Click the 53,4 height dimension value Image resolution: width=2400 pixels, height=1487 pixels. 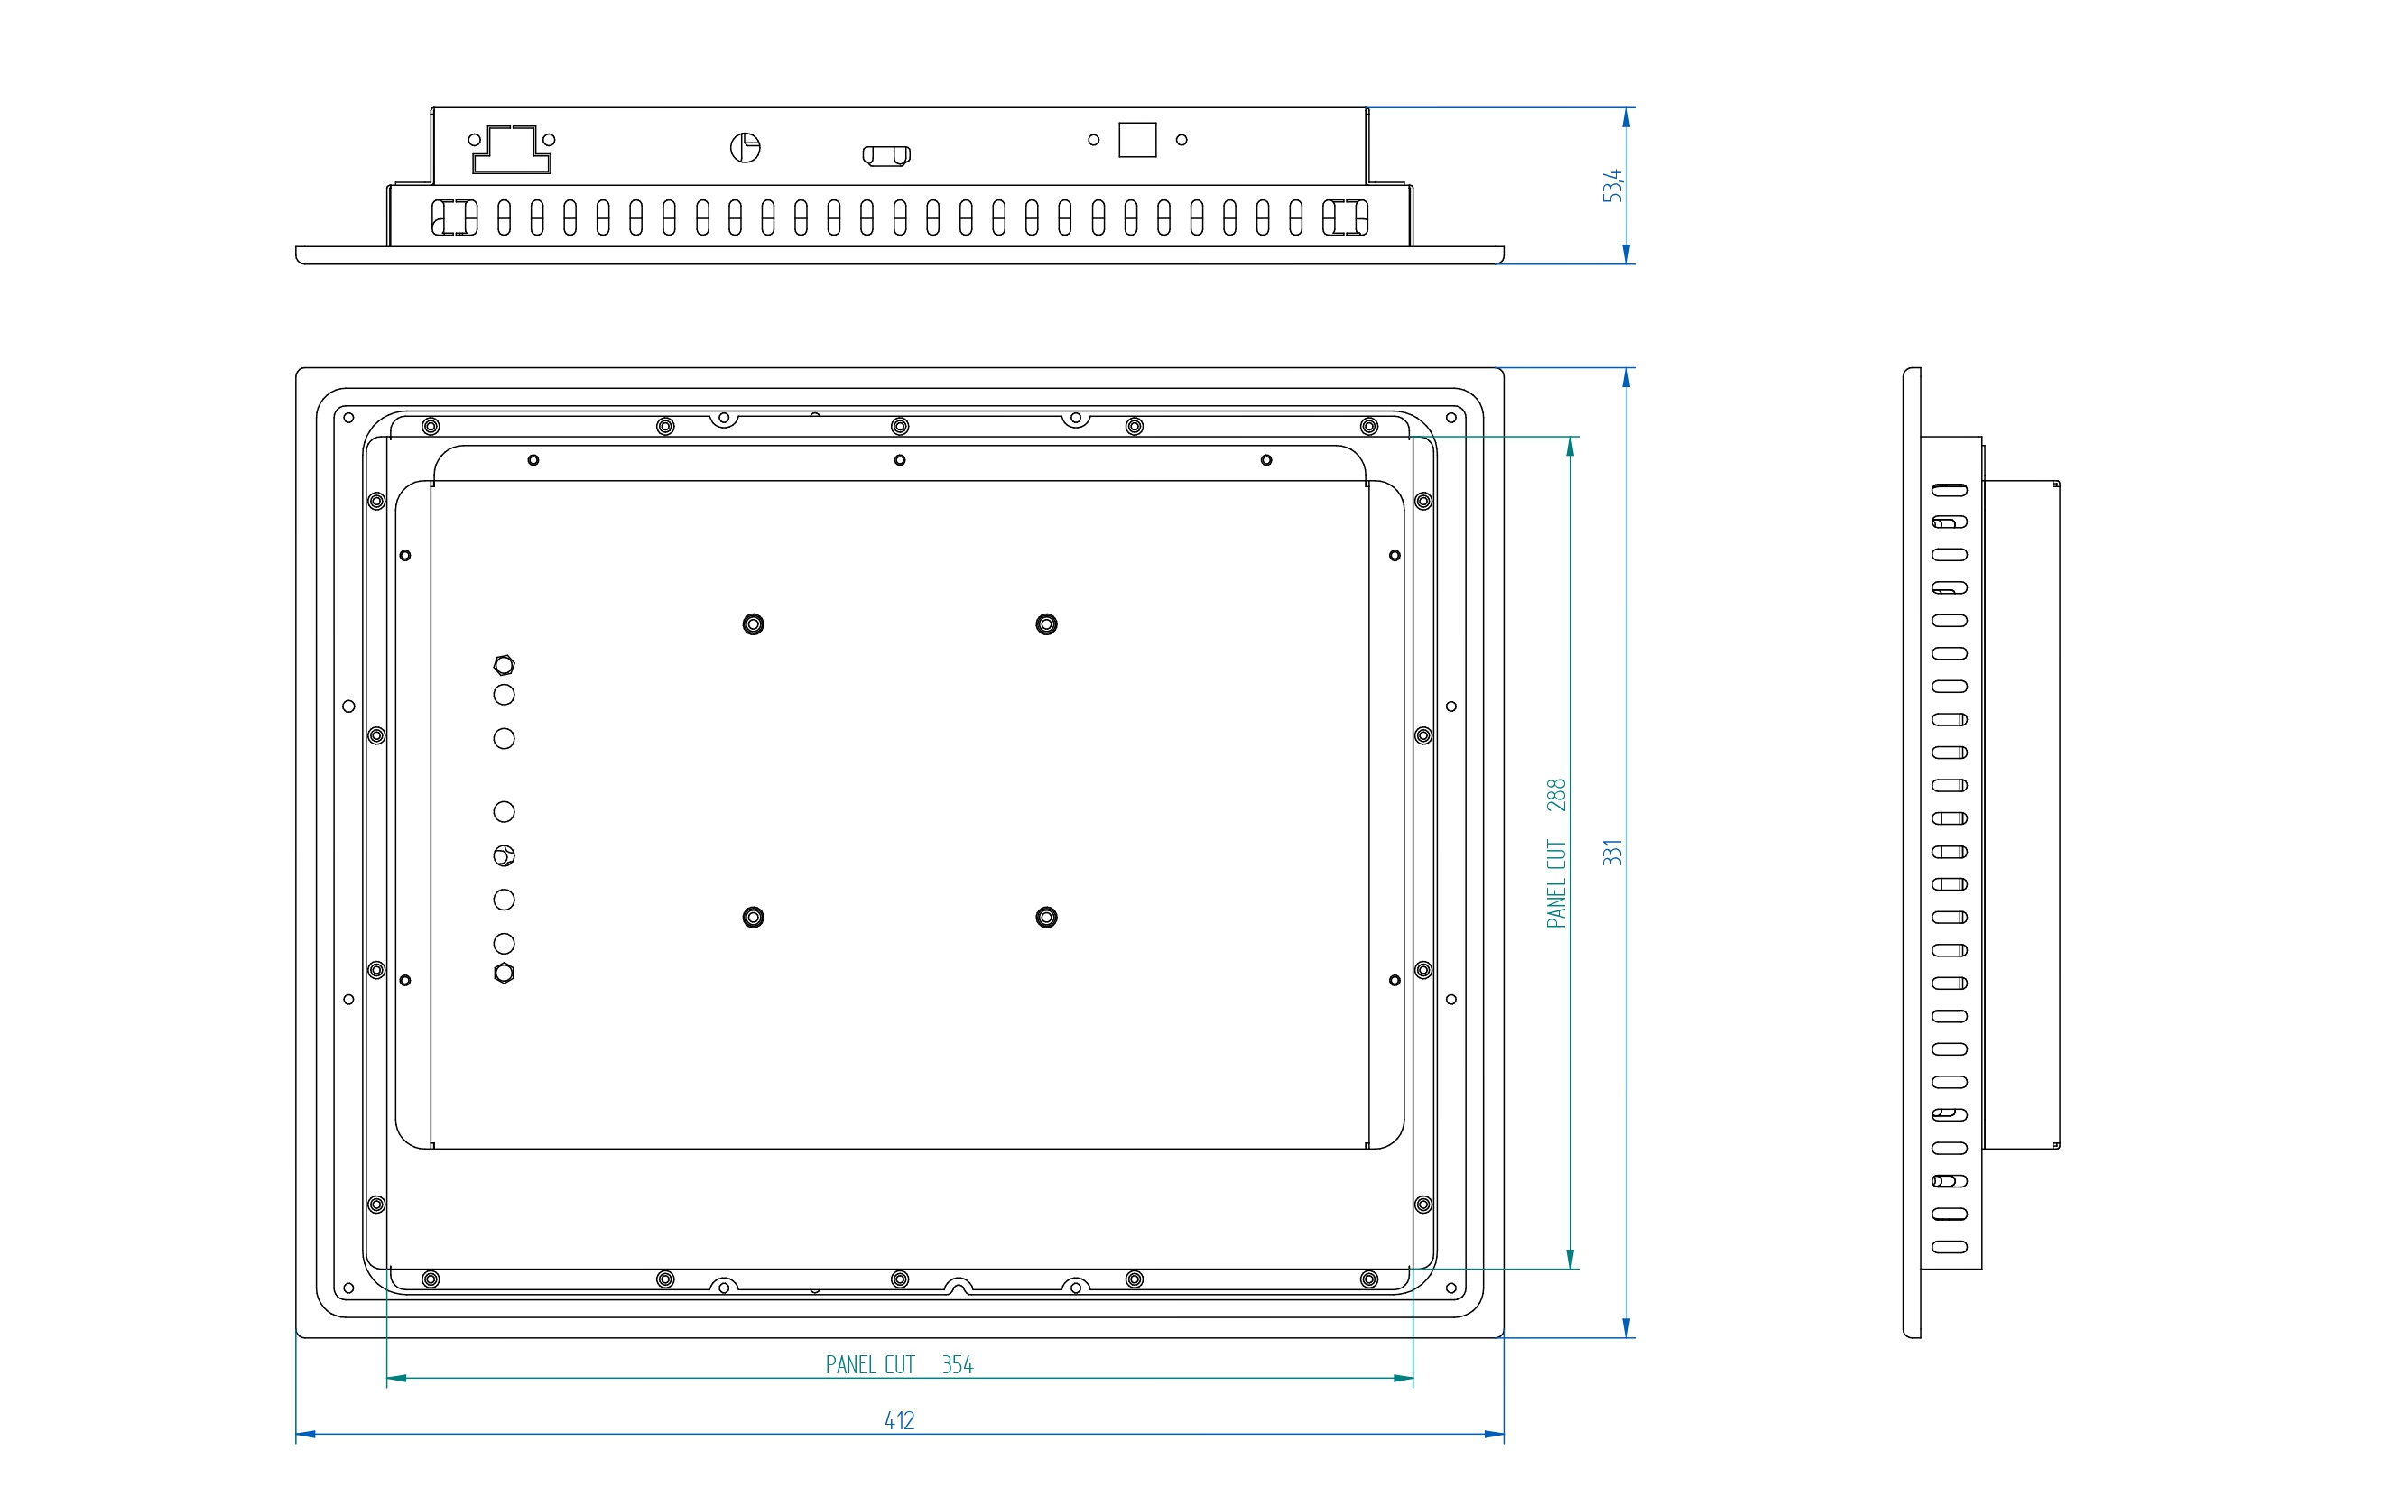click(1611, 186)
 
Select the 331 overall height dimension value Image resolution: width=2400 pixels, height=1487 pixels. click(1611, 853)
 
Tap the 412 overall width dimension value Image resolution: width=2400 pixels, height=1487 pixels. click(899, 1421)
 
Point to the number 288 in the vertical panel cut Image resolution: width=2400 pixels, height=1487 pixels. click(1556, 795)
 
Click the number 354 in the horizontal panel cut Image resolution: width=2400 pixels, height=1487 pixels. click(957, 1365)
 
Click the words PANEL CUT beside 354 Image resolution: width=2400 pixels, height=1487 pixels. click(869, 1365)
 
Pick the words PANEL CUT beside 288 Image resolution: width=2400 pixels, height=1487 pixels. click(1556, 883)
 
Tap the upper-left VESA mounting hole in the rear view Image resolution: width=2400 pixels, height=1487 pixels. click(754, 624)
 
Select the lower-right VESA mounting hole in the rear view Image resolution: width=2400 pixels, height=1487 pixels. click(1046, 918)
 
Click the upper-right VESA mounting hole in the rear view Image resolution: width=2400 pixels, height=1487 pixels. click(1046, 624)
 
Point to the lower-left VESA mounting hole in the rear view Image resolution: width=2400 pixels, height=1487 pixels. click(754, 918)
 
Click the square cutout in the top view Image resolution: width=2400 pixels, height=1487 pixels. click(1137, 140)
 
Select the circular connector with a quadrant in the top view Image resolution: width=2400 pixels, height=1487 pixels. click(746, 147)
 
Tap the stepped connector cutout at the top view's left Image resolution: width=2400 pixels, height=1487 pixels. click(512, 150)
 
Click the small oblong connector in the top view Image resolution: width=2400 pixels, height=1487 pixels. click(886, 155)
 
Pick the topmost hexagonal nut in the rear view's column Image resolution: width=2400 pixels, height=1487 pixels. click(504, 666)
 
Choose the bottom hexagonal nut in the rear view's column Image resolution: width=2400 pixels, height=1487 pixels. click(504, 974)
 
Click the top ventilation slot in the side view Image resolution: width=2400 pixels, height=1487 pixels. click(1950, 490)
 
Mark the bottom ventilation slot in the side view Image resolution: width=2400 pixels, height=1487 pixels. click(1950, 1247)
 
